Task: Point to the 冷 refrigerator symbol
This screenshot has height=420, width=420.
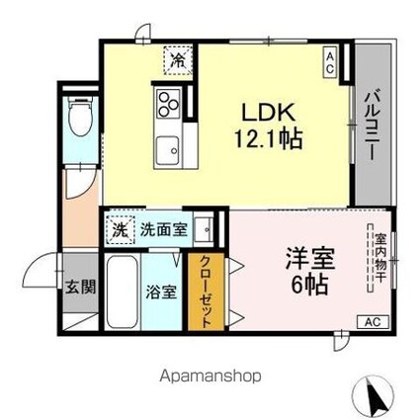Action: click(x=177, y=61)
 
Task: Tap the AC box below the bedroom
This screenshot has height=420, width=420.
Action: click(x=374, y=322)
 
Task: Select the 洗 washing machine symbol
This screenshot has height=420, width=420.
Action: click(x=118, y=227)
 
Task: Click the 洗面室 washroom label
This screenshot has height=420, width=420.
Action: click(x=159, y=228)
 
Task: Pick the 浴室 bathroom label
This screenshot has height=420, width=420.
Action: click(x=163, y=293)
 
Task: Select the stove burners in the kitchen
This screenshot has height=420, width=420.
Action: click(x=166, y=101)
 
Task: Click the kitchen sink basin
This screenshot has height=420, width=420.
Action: click(x=166, y=145)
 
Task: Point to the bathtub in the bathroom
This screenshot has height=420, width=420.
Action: click(x=124, y=293)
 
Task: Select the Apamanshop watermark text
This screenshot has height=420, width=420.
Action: click(x=210, y=376)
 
